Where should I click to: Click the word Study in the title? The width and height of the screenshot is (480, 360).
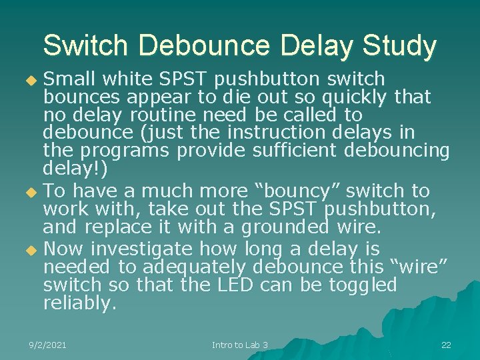tap(399, 45)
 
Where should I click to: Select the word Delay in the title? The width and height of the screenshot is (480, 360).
tap(315, 45)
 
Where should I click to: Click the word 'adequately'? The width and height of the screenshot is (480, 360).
tap(192, 267)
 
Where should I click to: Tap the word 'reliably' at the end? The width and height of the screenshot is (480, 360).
tap(79, 303)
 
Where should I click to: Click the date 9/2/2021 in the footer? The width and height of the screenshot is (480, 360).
tap(48, 345)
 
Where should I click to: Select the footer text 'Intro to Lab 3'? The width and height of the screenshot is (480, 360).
tap(240, 345)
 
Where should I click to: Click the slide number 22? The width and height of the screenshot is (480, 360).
tap(446, 345)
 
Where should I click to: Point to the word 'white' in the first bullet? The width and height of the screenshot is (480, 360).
tap(129, 79)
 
